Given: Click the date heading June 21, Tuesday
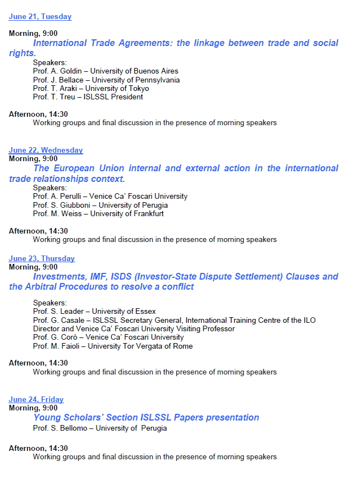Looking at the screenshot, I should pos(40,17).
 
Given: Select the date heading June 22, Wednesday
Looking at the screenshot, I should pos(45,150).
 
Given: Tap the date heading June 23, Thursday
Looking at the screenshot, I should pos(42,258).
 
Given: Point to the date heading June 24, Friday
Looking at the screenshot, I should pos(36,399).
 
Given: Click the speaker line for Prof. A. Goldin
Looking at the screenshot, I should pos(106,71).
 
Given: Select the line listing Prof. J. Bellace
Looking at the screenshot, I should pos(106,80).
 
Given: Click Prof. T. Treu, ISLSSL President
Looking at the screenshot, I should pos(88,97).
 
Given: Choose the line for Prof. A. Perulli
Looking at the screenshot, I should pos(110,197).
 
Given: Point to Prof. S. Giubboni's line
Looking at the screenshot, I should pos(100,205).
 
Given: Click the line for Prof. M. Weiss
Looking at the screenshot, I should pos(98,213).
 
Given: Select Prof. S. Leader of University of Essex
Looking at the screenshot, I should pos(94,311).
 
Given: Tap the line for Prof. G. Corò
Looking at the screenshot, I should pos(108,337).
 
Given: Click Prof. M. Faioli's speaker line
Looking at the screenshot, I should pos(112,346).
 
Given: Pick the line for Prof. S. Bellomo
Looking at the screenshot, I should pos(100,428).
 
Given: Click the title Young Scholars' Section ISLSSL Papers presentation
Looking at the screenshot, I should pos(146,418).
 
